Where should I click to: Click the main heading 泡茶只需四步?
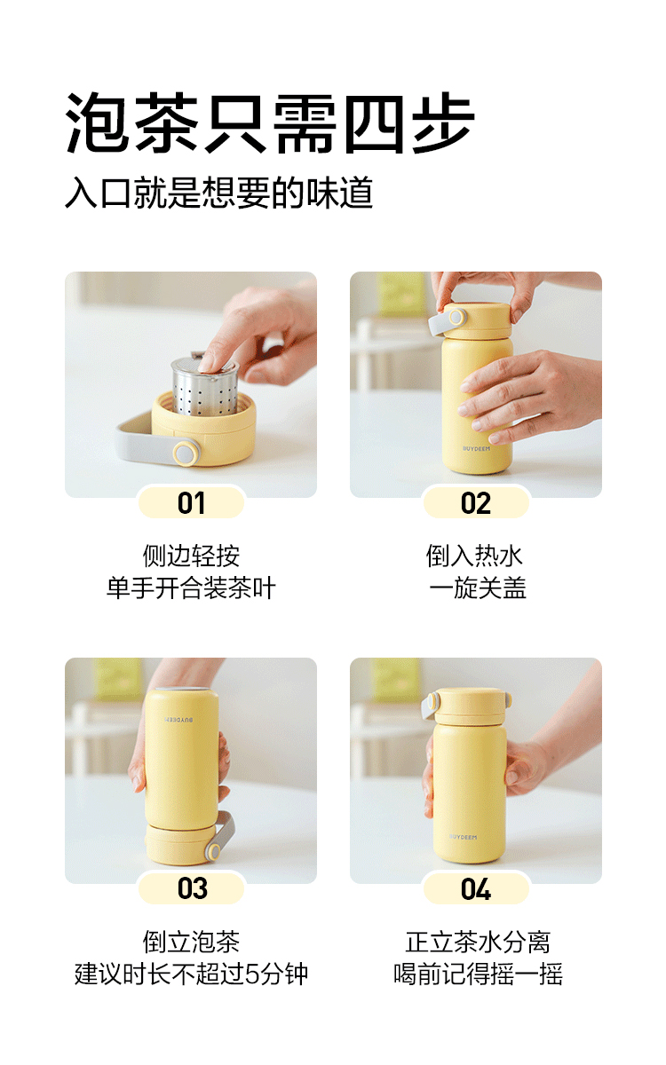tap(270, 123)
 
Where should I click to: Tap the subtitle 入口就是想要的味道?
tap(218, 193)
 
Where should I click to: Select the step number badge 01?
tap(191, 502)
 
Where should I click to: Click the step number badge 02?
tap(476, 502)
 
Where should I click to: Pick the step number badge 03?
tap(191, 888)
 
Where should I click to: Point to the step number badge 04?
tap(476, 888)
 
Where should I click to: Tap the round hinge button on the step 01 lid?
tap(186, 452)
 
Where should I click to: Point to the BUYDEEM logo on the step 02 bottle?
tap(476, 448)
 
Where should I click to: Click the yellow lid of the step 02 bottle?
tap(477, 320)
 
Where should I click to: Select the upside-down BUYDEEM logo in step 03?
tap(178, 720)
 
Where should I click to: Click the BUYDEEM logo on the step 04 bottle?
tap(463, 837)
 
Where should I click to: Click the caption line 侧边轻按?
tap(191, 556)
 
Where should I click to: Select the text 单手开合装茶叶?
tap(191, 588)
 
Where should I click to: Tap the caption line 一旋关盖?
tap(477, 588)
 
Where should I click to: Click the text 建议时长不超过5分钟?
tap(191, 974)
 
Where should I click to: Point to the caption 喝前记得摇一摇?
tap(478, 974)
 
